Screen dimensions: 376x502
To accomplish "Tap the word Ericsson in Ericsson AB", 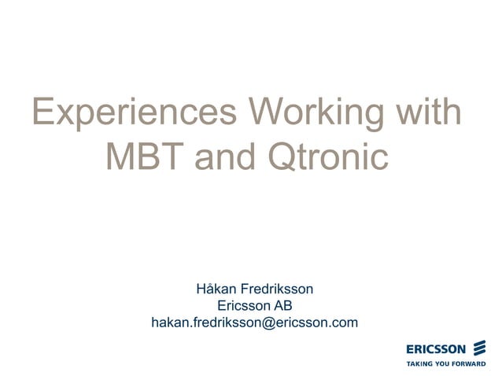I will pos(242,305).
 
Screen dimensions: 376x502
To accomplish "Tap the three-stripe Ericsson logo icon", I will pos(479,346).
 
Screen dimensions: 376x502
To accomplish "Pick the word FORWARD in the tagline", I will pos(470,363).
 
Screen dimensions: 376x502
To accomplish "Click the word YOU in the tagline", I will pos(444,363).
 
